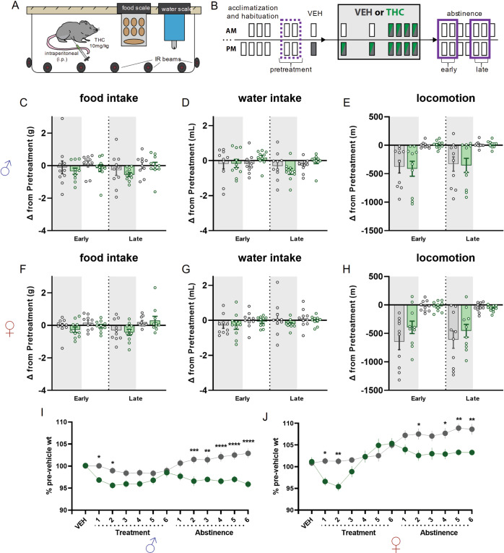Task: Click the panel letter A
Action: pos(7,7)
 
